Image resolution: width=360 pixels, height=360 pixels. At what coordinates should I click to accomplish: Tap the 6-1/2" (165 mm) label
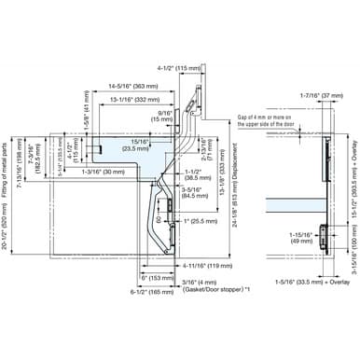pos(145,293)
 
